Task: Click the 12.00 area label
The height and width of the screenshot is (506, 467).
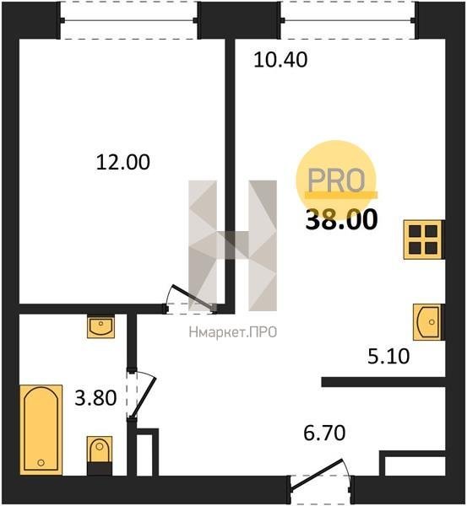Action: pyautogui.click(x=123, y=162)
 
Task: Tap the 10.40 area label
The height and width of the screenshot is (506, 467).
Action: pyautogui.click(x=280, y=60)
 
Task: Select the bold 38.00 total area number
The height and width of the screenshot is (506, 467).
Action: pyautogui.click(x=341, y=220)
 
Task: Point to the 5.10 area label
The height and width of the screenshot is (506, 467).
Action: pyautogui.click(x=388, y=357)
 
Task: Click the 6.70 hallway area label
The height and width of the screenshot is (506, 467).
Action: pyautogui.click(x=324, y=433)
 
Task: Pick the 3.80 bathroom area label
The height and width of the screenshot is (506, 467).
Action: pyautogui.click(x=95, y=397)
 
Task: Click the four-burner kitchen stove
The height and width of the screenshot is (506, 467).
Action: pyautogui.click(x=423, y=240)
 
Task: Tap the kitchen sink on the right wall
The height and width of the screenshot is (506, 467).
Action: pyautogui.click(x=427, y=322)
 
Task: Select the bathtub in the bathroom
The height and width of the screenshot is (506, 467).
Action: pyautogui.click(x=41, y=430)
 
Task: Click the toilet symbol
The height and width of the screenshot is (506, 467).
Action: pyautogui.click(x=100, y=455)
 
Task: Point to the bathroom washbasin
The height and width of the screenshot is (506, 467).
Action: pyautogui.click(x=100, y=326)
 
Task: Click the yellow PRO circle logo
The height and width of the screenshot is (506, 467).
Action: pyautogui.click(x=336, y=180)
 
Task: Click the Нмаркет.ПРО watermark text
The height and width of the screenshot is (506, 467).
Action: pyautogui.click(x=233, y=332)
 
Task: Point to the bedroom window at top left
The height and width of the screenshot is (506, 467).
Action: pyautogui.click(x=128, y=20)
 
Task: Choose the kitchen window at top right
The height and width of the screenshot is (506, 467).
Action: pyautogui.click(x=349, y=20)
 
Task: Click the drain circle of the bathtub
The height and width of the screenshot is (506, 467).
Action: pyautogui.click(x=41, y=462)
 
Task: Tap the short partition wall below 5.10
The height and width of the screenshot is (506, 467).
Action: pyautogui.click(x=383, y=382)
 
